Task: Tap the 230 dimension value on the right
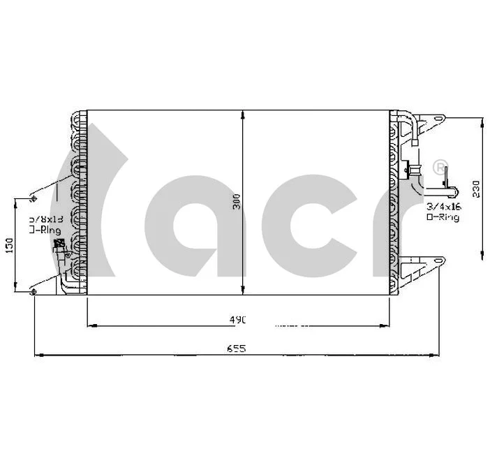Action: coord(476,188)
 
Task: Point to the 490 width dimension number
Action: coord(239,320)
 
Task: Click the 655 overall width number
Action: coord(237,349)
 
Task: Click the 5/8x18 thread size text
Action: coord(44,219)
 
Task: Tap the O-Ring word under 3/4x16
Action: coord(443,218)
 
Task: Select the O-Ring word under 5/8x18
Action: coord(45,230)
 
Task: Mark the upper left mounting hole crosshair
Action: coord(34,200)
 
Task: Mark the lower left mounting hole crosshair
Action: coord(33,291)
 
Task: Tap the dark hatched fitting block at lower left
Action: coord(59,244)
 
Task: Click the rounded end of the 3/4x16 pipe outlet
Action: coord(452,191)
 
